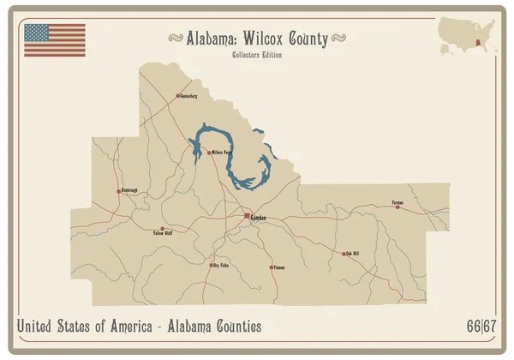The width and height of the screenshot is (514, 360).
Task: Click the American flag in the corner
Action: [x=54, y=40]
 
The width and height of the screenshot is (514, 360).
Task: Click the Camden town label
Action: [x=258, y=219]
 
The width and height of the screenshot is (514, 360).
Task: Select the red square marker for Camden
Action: [x=247, y=214]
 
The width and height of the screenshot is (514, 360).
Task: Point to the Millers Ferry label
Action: [x=222, y=153]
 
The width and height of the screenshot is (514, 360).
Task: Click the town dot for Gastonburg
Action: [x=177, y=95]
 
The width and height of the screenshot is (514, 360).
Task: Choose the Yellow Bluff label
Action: [x=163, y=232]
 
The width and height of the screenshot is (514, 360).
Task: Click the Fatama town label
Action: [x=278, y=267]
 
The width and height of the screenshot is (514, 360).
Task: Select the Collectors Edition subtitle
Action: [x=257, y=56]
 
